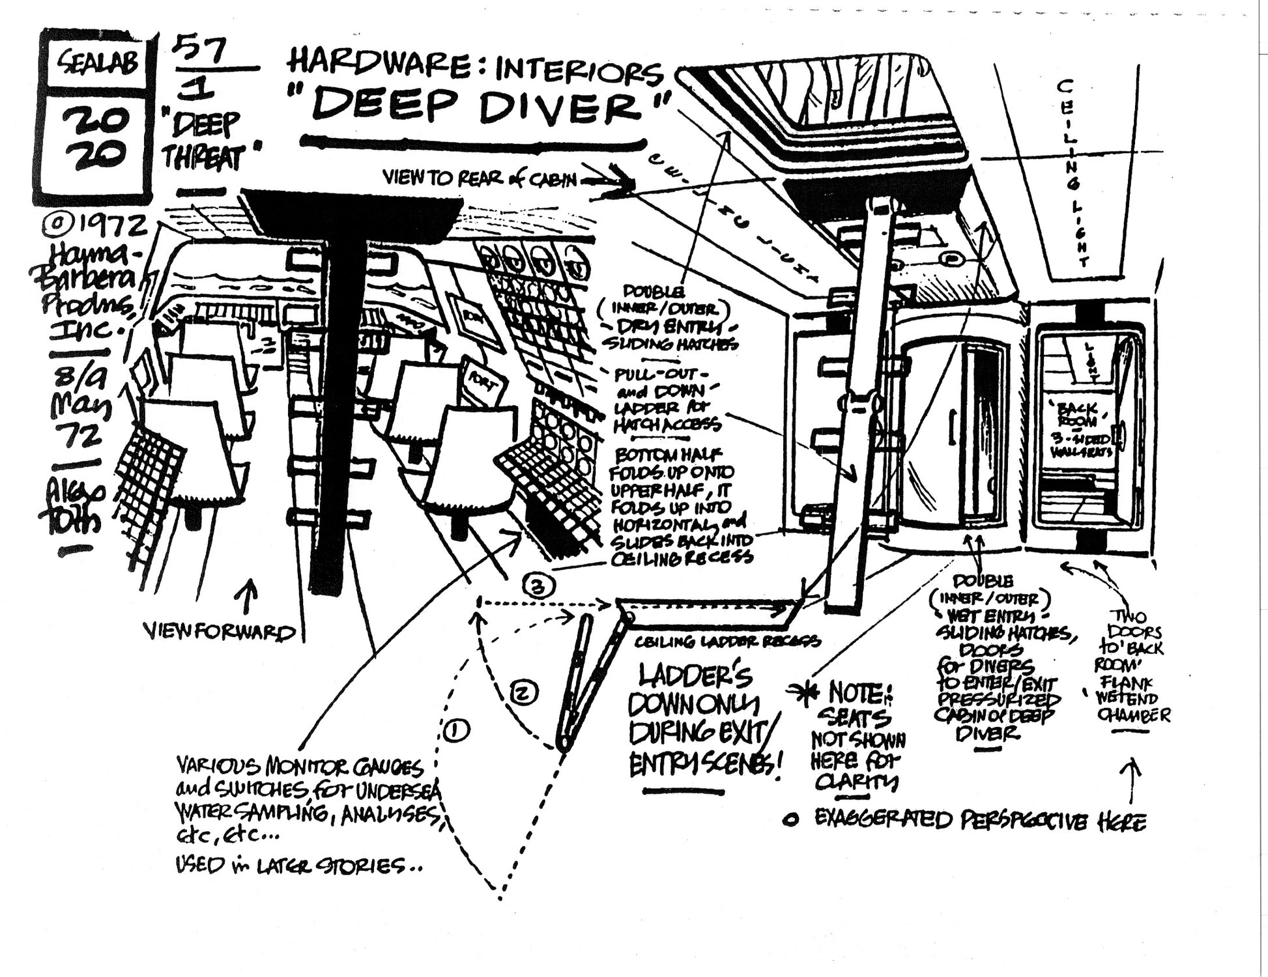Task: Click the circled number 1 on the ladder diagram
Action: tap(455, 731)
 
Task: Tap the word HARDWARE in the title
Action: tap(384, 68)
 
